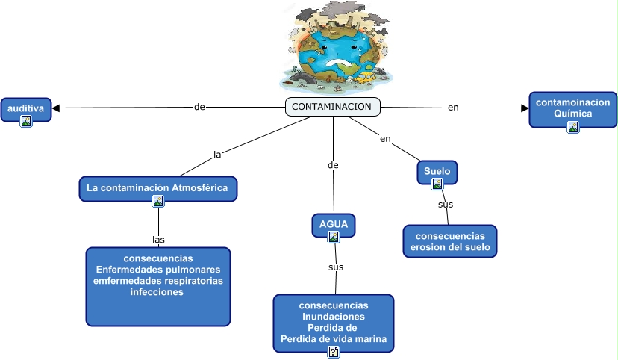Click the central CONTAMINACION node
332,107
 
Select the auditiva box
25,109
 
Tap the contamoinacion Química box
572,109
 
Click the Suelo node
437,171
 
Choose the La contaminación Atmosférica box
157,187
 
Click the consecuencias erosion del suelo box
449,240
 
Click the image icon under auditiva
26,120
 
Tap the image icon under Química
573,127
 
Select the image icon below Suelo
437,184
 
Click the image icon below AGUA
334,237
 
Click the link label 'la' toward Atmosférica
218,155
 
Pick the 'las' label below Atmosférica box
158,240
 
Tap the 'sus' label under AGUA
336,267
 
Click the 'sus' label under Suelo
446,204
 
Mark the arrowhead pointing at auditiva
56,108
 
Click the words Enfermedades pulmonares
157,269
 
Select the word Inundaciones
334,317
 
